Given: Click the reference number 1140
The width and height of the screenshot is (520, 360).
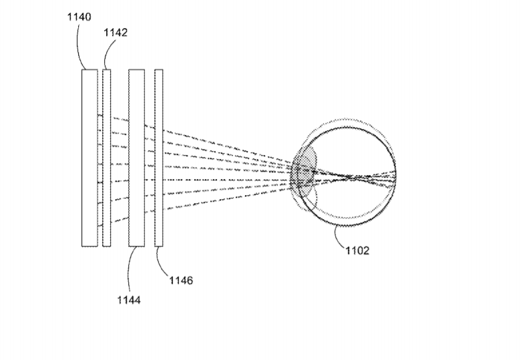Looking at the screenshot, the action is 79,17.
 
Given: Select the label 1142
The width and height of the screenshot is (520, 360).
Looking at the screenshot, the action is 115,33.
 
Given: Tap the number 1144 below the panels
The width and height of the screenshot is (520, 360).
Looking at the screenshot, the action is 129,301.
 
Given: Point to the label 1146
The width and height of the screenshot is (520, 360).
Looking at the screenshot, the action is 181,281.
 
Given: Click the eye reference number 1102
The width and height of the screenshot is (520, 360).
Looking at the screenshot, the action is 358,250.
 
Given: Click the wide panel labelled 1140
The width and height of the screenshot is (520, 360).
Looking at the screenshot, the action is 89,158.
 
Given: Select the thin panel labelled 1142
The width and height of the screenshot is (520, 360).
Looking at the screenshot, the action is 106,158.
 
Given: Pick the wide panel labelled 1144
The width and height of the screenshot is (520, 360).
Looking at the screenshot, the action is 137,158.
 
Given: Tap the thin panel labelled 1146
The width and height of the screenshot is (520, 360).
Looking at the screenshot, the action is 159,158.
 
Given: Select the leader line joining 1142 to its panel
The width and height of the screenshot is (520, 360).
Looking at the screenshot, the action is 107,53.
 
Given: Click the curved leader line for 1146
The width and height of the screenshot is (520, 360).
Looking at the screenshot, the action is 160,262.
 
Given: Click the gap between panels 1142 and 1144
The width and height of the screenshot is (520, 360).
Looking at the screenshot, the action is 119,158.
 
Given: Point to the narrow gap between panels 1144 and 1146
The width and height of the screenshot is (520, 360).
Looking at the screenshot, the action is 150,158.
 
